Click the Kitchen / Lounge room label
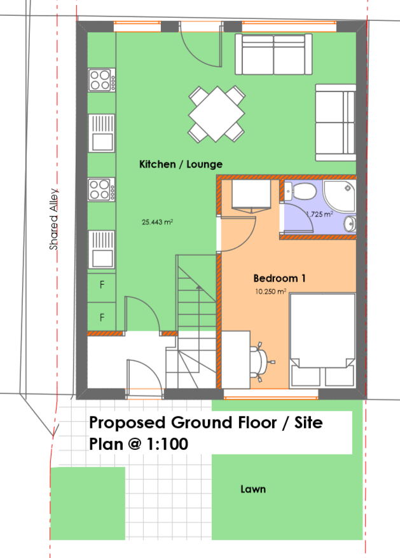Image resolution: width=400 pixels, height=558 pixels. point(181,164)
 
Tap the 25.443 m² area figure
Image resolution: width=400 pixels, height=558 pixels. point(158,222)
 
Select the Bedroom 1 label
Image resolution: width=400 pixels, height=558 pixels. point(279,278)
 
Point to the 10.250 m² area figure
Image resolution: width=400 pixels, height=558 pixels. point(271,292)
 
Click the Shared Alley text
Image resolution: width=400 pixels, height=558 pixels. point(53,219)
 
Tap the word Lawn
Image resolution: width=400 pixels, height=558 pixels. point(253,489)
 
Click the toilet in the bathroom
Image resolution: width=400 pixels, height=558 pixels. point(300,191)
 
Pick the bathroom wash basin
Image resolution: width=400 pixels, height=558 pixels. point(350,224)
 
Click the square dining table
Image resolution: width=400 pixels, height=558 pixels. point(217,114)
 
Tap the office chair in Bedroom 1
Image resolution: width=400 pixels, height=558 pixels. point(262,362)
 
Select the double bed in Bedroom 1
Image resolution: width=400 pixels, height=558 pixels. point(322,341)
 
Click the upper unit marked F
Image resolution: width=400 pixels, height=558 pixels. point(102,285)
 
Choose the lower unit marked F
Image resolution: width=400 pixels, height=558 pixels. point(102,317)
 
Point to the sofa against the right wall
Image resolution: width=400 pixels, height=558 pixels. point(336,123)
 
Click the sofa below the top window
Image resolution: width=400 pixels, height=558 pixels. point(273,55)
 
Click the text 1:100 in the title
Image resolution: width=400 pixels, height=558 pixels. point(167,444)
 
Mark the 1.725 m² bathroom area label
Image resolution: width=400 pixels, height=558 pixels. point(319,214)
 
